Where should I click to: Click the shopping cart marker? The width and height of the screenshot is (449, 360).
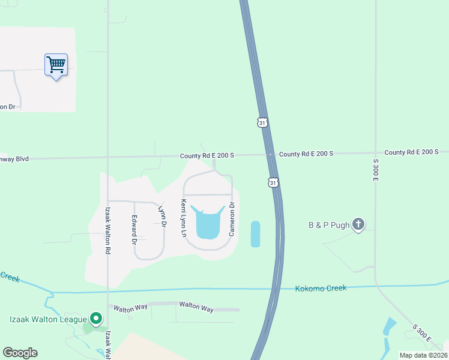click(x=56, y=64)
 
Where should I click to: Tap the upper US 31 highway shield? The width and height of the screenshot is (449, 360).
click(x=262, y=122)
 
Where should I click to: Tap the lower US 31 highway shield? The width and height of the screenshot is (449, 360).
click(x=273, y=182)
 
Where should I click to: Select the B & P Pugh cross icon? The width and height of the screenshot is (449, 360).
click(x=358, y=224)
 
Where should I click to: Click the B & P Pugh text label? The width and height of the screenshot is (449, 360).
click(x=329, y=226)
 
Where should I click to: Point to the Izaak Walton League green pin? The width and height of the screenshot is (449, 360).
click(x=95, y=317)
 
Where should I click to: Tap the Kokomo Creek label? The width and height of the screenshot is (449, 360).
click(x=321, y=289)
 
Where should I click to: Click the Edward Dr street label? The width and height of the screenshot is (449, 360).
click(x=134, y=230)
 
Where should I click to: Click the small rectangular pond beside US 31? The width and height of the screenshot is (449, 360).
click(x=255, y=234)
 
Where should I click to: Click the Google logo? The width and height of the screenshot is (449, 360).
click(x=20, y=353)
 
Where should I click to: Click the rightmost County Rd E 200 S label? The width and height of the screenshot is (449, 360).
click(x=412, y=152)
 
